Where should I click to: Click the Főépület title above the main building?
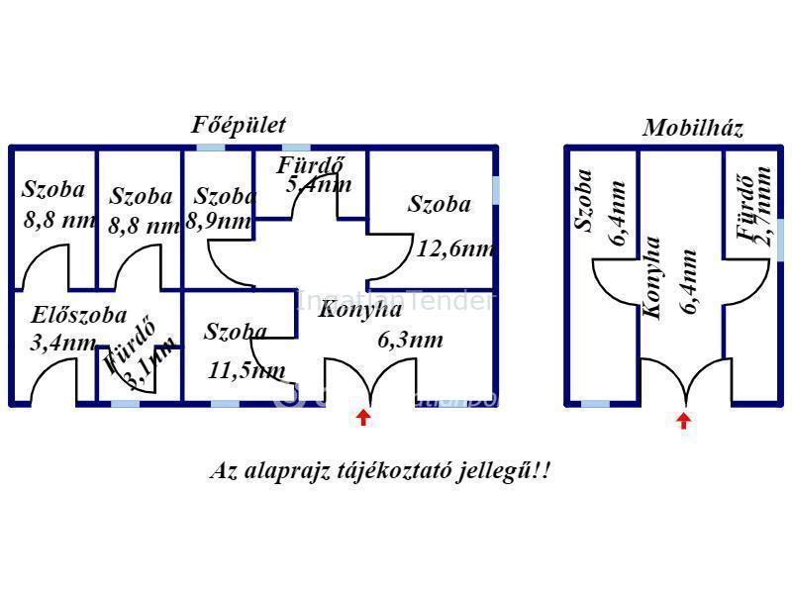click(x=239, y=125)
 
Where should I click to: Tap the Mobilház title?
click(x=693, y=128)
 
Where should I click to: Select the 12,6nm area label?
click(x=455, y=248)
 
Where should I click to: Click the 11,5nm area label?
click(x=247, y=371)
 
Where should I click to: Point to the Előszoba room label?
click(x=79, y=316)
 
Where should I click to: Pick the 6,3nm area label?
click(x=410, y=341)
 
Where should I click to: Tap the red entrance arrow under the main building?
click(x=363, y=417)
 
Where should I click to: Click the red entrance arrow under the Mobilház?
click(x=683, y=420)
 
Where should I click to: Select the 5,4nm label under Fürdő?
click(x=319, y=184)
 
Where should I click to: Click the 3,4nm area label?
click(x=63, y=344)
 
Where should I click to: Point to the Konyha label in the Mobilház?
click(x=652, y=276)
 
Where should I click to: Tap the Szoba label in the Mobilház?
click(x=585, y=200)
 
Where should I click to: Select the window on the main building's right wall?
click(x=495, y=189)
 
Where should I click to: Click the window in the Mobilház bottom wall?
click(x=595, y=403)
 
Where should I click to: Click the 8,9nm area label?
click(x=219, y=222)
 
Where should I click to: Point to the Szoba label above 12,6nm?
click(x=440, y=205)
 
